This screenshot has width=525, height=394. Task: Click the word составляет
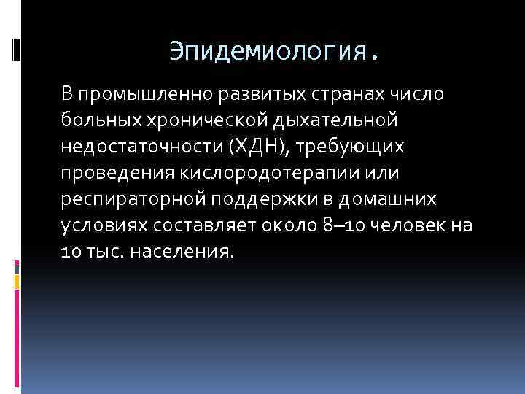tap(198, 225)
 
